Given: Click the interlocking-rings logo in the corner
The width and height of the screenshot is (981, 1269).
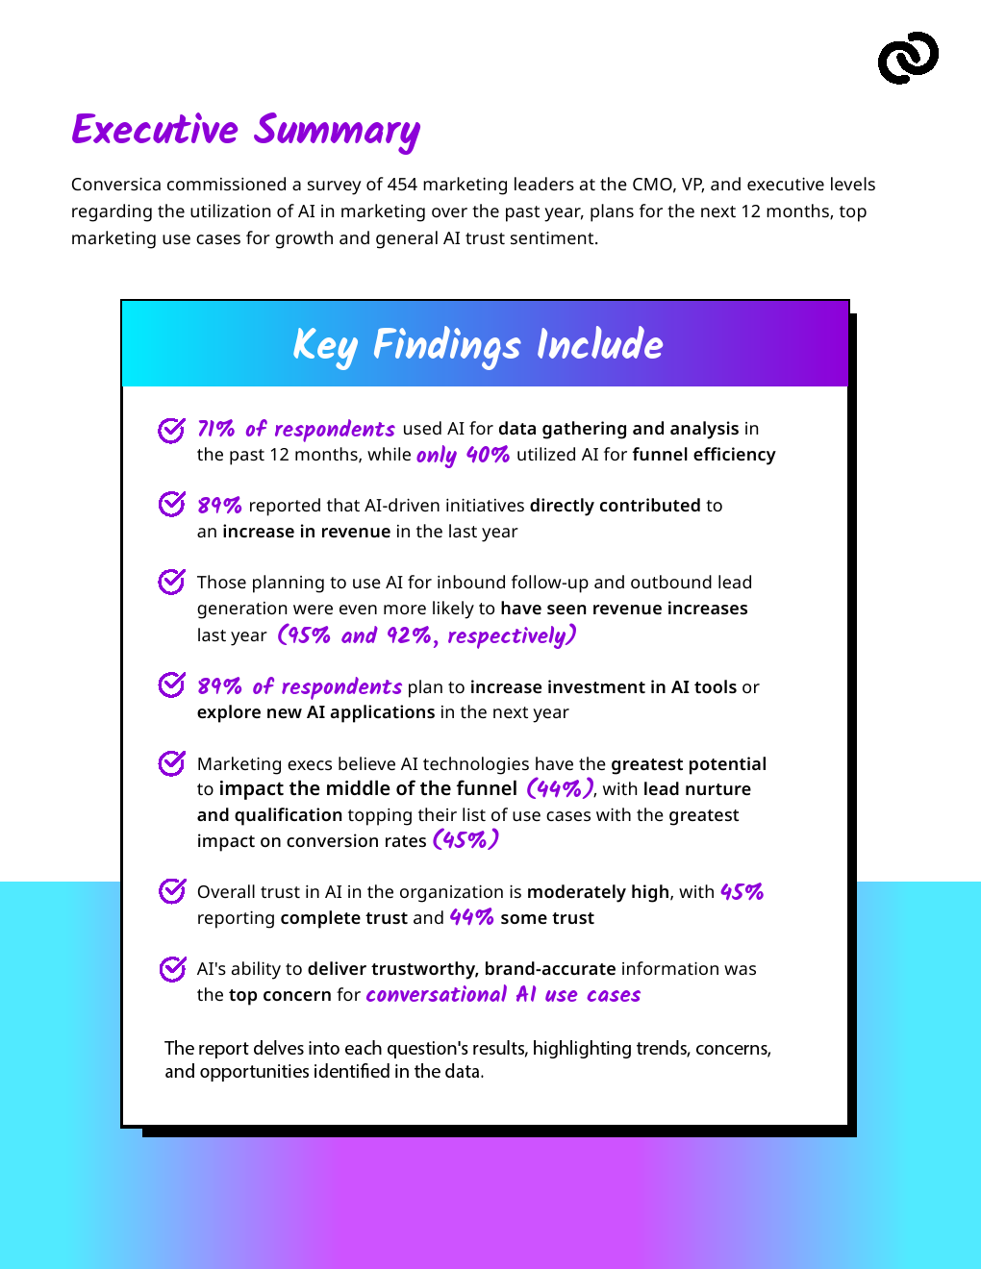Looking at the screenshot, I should [908, 58].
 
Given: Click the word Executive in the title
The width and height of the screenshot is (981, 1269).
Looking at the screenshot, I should [155, 130].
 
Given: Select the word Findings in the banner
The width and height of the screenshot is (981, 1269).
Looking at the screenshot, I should [447, 345].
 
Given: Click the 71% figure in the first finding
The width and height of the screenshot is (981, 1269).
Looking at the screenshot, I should [216, 429].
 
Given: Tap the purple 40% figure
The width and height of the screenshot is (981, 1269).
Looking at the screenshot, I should [488, 455].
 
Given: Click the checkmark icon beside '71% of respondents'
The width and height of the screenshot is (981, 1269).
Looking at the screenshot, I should [171, 430].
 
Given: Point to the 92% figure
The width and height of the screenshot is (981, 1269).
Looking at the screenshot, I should [410, 635].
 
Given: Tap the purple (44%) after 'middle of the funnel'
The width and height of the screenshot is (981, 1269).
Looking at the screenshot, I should [560, 789].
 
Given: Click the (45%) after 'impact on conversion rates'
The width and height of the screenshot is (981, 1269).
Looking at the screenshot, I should [465, 840].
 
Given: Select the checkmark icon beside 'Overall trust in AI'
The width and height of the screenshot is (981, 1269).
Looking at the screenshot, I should [171, 891].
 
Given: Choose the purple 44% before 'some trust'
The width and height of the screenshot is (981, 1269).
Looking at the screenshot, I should [471, 918].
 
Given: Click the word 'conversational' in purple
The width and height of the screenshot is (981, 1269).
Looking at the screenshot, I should [436, 995].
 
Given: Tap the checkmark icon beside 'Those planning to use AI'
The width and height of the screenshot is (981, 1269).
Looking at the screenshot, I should [171, 582].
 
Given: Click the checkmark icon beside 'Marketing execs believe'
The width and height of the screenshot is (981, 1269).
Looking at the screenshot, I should [171, 763].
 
